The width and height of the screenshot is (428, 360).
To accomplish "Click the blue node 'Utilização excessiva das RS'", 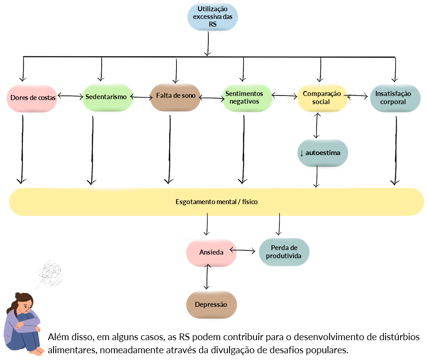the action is [212, 17].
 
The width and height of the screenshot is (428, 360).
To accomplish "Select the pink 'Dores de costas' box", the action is [32, 98].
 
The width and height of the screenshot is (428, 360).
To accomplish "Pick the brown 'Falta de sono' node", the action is [175, 97].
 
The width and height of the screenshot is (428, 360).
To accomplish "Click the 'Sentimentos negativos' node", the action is [247, 98].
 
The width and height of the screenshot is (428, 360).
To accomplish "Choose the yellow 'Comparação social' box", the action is [322, 98].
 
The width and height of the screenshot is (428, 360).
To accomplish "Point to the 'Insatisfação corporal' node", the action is [395, 98].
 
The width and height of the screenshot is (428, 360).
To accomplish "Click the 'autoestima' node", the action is [323, 153].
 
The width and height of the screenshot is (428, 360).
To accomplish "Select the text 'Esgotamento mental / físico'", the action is [216, 202].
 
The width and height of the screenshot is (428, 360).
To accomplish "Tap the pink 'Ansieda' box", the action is [211, 253].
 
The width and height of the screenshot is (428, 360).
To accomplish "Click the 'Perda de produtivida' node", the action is [284, 252].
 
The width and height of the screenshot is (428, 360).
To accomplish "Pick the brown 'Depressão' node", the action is [211, 305].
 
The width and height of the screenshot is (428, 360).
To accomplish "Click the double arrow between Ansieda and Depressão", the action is [207, 276].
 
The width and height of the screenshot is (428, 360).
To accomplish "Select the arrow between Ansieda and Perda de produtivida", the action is [243, 251].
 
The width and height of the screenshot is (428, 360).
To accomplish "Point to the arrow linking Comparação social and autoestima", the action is [317, 125].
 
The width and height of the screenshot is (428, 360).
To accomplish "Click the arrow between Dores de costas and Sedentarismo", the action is [70, 96].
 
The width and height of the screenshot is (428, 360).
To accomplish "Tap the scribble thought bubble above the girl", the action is [50, 273].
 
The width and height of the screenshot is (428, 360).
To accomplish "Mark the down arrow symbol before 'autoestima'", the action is [302, 153].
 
